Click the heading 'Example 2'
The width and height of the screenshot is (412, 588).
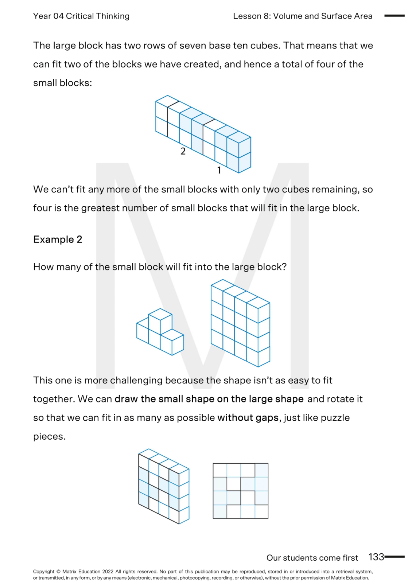click(58, 240)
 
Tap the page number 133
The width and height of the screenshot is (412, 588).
click(376, 557)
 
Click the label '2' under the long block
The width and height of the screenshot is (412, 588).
click(183, 151)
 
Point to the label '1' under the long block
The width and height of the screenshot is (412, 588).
click(219, 170)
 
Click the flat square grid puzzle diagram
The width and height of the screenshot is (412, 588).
click(241, 491)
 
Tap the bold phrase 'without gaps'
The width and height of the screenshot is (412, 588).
click(248, 418)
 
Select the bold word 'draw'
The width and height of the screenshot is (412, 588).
click(126, 399)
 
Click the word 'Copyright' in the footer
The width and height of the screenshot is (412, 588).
click(44, 572)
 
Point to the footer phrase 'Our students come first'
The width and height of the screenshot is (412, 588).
click(312, 558)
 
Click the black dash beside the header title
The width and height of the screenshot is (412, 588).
click(394, 16)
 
